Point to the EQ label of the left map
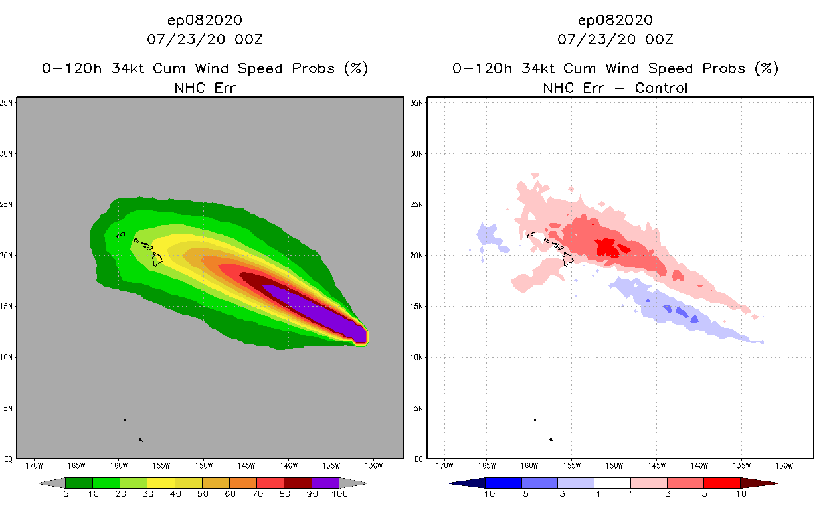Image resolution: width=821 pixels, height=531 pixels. pos(9,459)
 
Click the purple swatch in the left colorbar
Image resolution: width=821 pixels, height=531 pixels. pos(325,483)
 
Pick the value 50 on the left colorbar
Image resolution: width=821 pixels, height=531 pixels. pos(202,494)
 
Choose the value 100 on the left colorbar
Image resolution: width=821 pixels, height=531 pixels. pos(339,494)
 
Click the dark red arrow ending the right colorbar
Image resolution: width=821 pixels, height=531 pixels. pos(759,483)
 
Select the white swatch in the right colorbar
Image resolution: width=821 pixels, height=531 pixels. pos(612,483)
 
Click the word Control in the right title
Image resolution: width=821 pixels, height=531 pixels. pos(661,88)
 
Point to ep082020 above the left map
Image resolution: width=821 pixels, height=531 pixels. pos(205,20)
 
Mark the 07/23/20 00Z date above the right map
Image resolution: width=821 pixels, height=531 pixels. pos(615,39)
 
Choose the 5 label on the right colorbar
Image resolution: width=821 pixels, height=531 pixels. pos(703,494)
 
